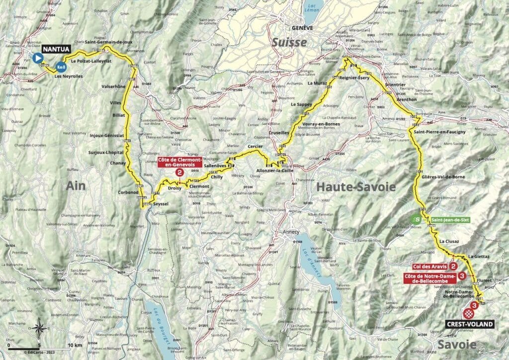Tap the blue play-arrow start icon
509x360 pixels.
coord(37,58)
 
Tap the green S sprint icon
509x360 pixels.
coord(418,218)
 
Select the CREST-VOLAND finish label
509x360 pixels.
coord(470,324)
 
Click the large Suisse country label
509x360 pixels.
coord(289,43)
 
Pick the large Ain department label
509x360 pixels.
coord(76,185)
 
